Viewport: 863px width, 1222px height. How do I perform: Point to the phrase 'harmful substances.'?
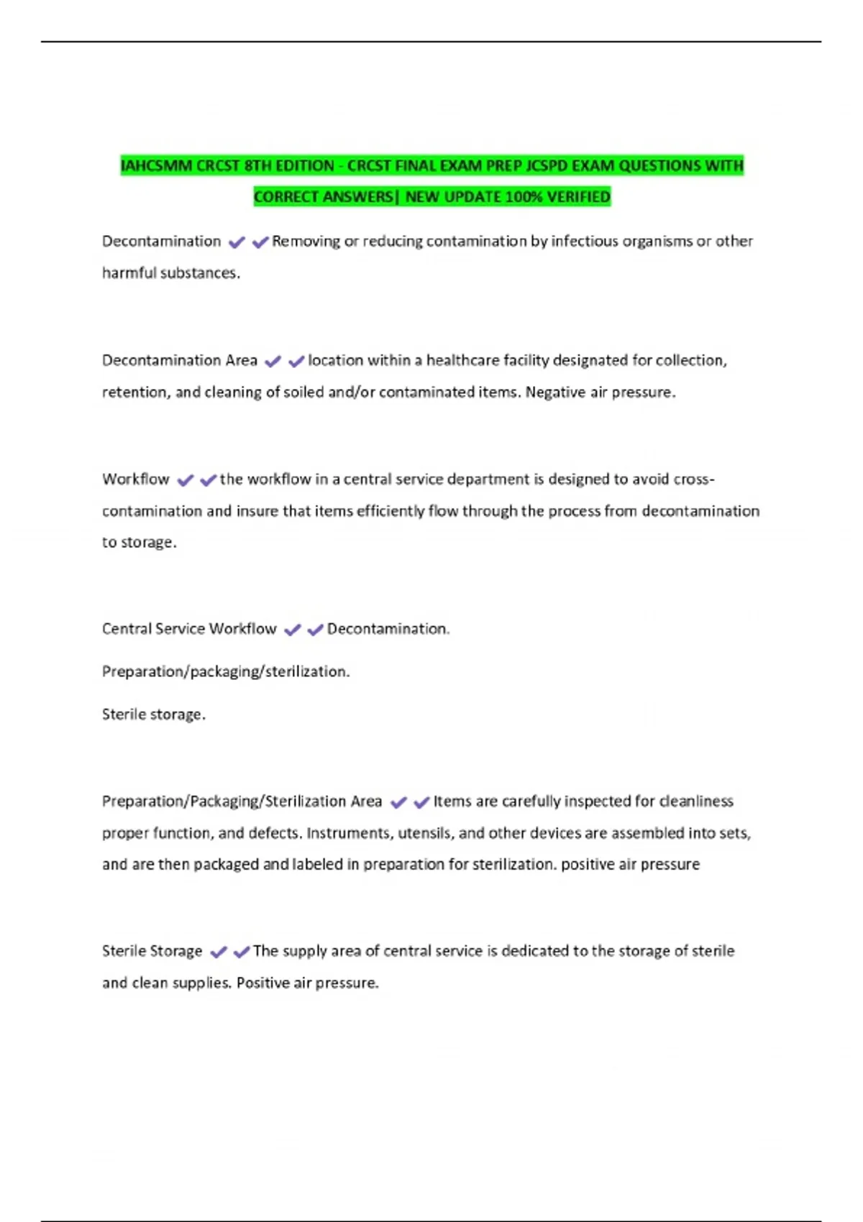click(x=171, y=273)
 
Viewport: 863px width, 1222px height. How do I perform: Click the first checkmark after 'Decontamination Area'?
click(x=273, y=362)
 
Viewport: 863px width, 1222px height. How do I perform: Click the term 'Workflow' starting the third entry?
click(x=136, y=479)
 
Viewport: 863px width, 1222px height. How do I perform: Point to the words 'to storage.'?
click(x=139, y=543)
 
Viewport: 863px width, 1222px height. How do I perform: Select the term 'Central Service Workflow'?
click(x=189, y=629)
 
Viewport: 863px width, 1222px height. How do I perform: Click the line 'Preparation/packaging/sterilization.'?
click(x=226, y=671)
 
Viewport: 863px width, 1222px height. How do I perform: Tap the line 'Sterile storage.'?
click(x=154, y=715)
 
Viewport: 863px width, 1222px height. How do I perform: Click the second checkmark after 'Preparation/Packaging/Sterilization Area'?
click(x=421, y=803)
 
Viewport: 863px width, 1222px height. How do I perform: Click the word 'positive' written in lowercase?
click(x=585, y=865)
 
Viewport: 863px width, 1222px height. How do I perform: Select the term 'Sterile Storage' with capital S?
click(x=152, y=951)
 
